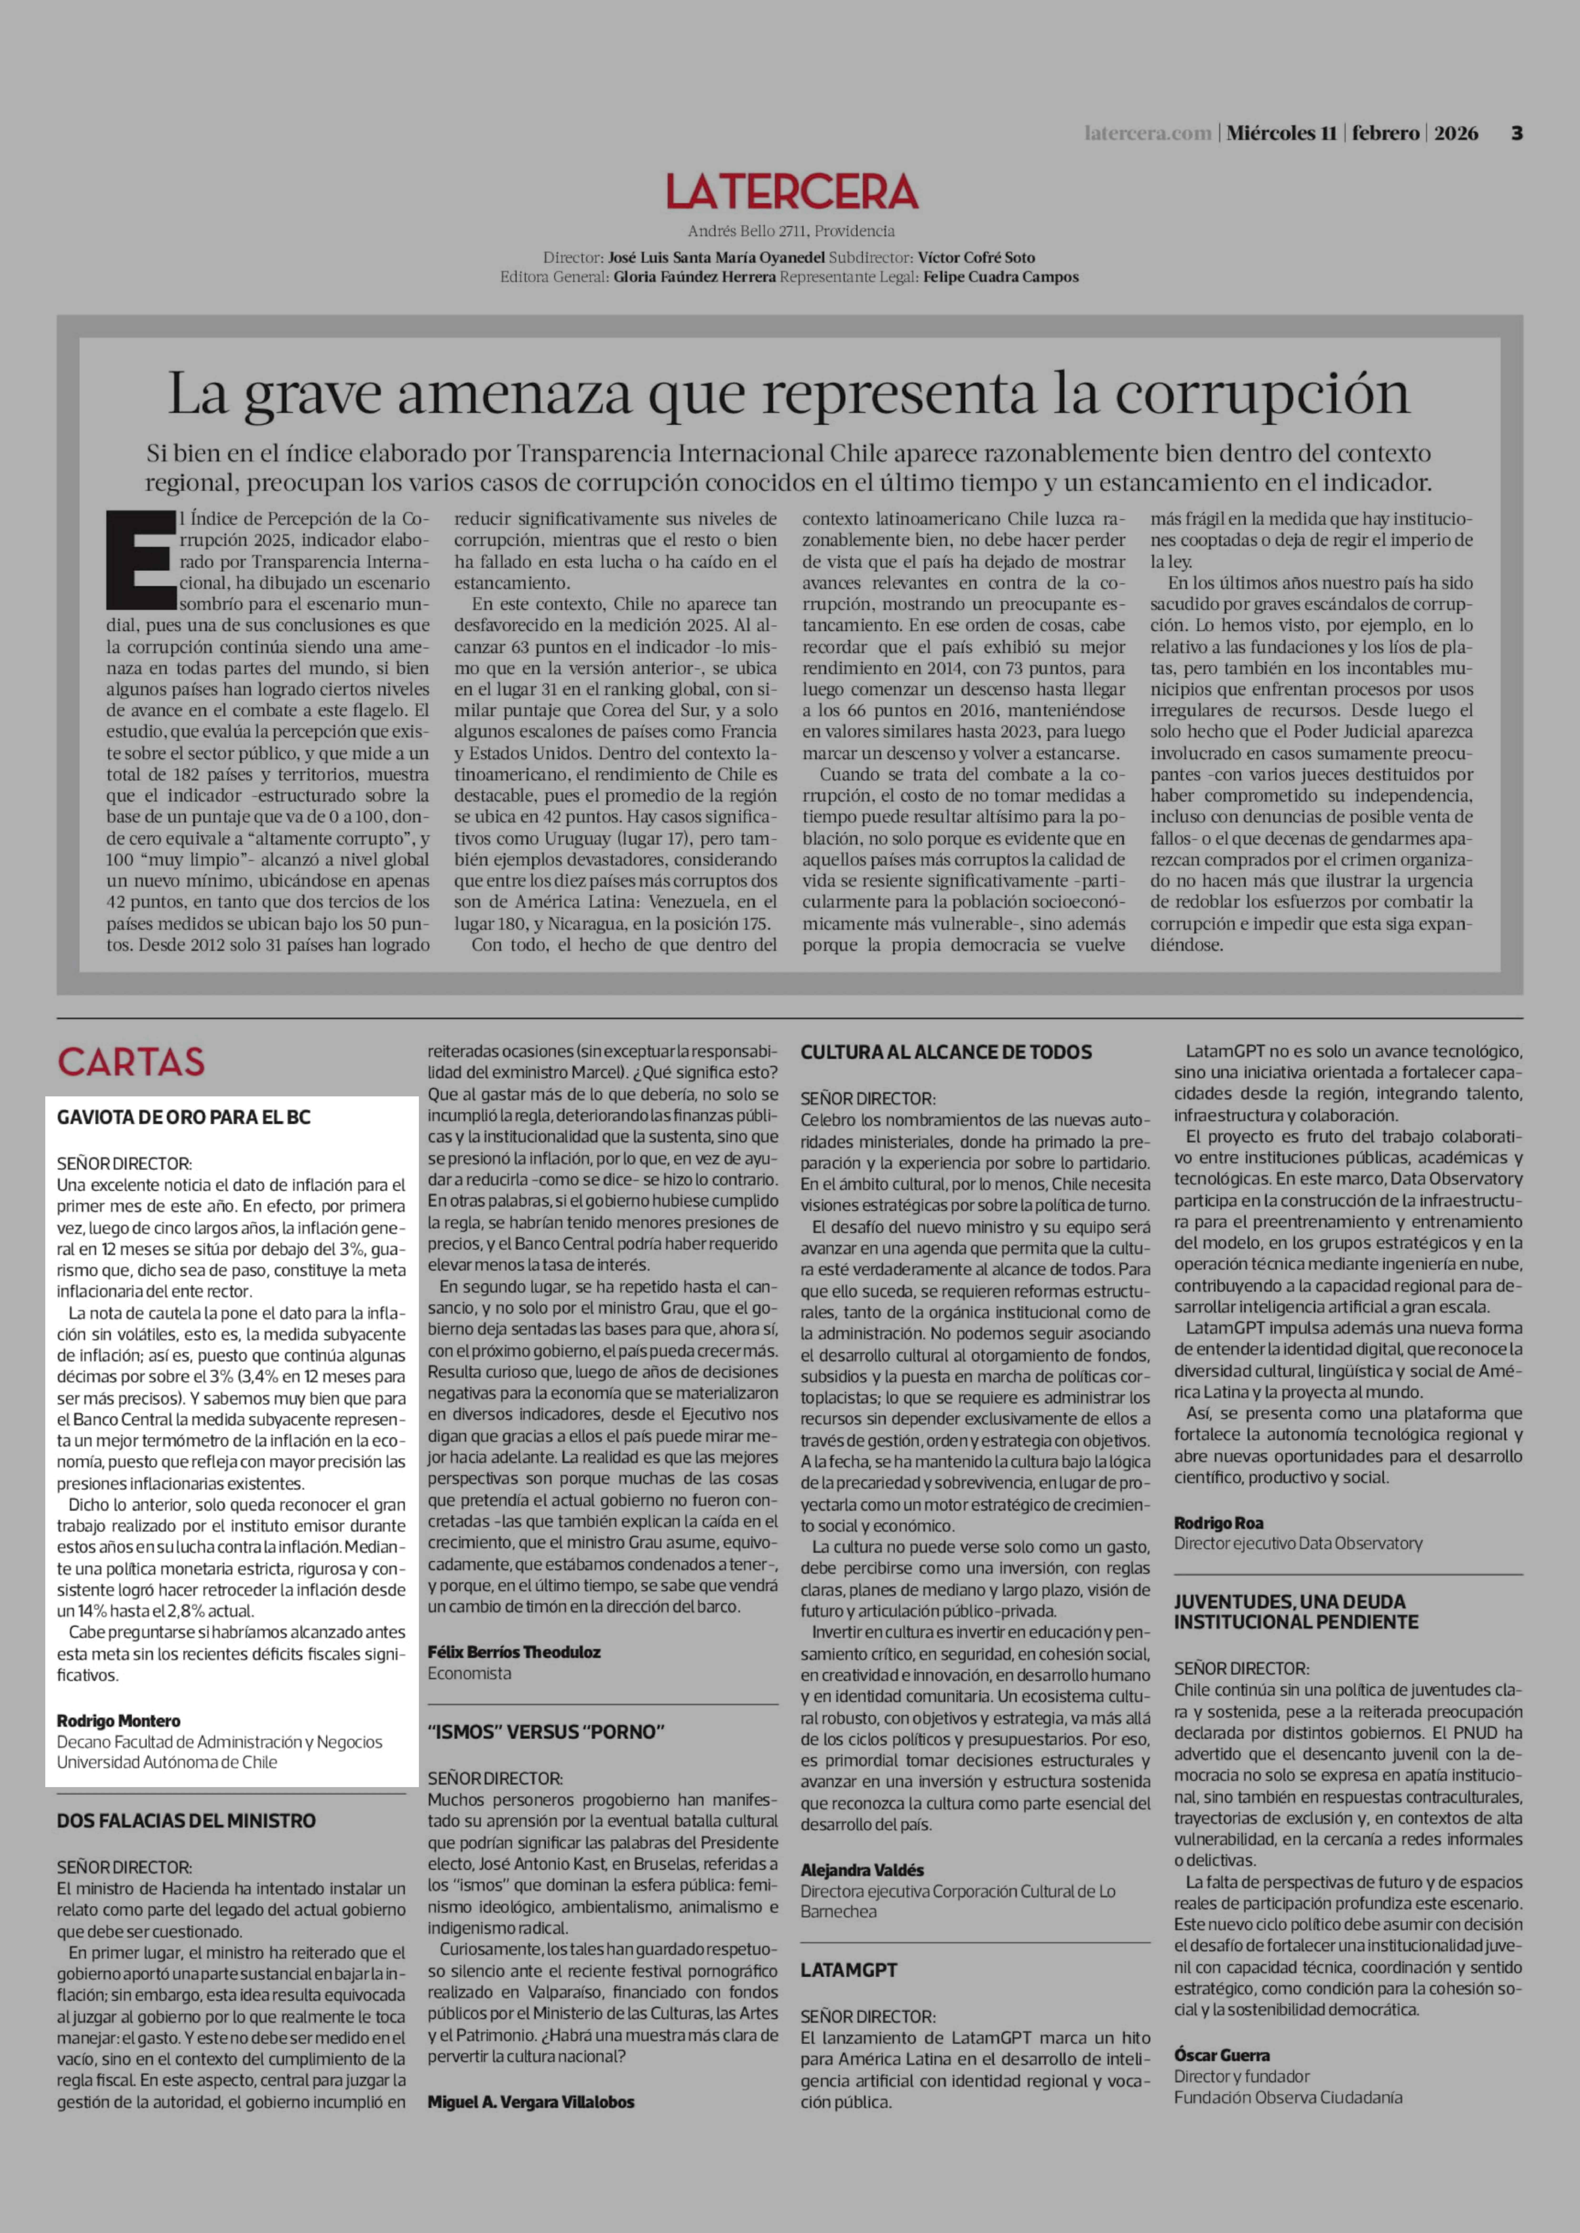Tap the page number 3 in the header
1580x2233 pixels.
click(x=1516, y=133)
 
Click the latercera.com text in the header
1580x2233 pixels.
click(x=1148, y=133)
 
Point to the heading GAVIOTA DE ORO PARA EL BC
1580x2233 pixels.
click(x=184, y=1118)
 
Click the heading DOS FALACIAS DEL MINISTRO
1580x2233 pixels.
click(x=186, y=1821)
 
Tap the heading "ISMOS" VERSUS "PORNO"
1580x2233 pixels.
click(x=546, y=1731)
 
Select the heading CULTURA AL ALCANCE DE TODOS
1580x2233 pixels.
click(x=946, y=1052)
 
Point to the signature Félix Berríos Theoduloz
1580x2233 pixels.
click(x=514, y=1651)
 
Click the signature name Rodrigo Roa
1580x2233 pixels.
click(x=1218, y=1523)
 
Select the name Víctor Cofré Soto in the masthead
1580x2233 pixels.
click(x=976, y=258)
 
